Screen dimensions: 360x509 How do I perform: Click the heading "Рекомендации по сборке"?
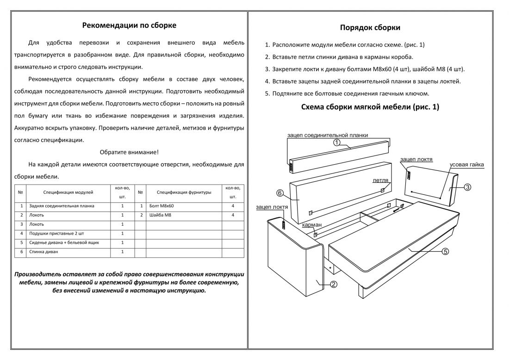129,25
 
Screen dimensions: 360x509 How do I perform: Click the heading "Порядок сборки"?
370,28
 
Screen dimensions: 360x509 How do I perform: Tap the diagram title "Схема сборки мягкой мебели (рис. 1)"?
370,107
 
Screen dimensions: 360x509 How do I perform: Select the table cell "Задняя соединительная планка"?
62,206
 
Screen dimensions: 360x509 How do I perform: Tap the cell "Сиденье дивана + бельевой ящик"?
64,242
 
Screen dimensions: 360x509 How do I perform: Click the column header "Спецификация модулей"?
68,192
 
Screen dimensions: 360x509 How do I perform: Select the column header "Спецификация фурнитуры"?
184,192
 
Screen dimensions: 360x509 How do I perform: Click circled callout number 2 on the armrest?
333,285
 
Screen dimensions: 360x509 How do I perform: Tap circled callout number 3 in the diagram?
467,187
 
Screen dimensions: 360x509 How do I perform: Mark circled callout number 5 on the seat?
445,252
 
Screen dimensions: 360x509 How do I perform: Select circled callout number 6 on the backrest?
279,192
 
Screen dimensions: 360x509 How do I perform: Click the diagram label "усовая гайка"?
467,165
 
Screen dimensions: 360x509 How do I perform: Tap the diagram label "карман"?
312,225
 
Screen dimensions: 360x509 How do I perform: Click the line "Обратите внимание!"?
129,152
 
